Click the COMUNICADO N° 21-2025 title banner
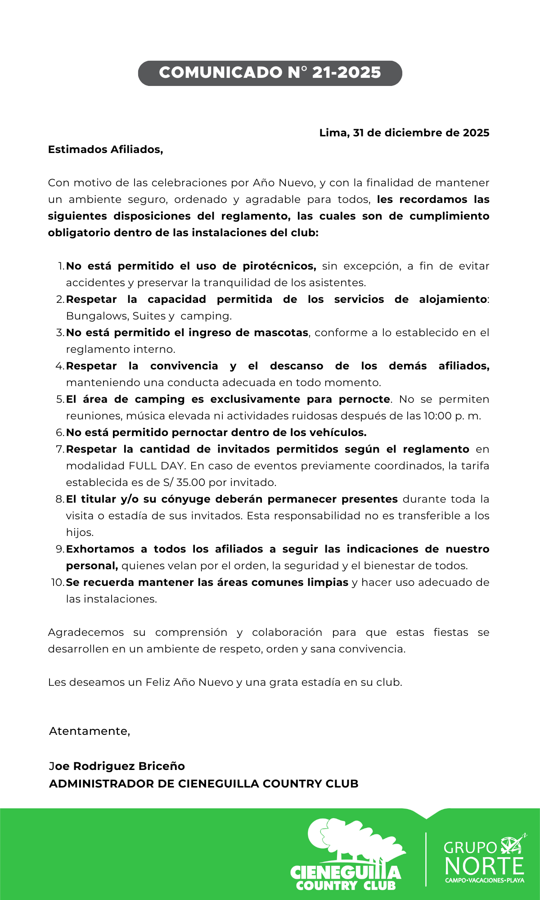click(270, 73)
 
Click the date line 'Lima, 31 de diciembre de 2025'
click(404, 133)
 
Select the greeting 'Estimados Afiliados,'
click(105, 149)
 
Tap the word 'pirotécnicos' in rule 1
click(279, 266)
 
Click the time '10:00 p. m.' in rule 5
click(452, 416)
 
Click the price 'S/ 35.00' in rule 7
click(183, 482)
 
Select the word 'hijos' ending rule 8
click(79, 532)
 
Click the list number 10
click(58, 582)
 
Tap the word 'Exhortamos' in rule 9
click(100, 549)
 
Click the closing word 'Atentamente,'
click(90, 731)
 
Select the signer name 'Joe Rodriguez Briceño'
click(117, 766)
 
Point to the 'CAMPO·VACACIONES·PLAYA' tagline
click(484, 880)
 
